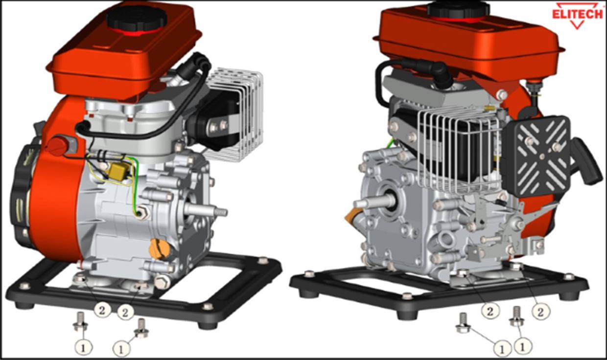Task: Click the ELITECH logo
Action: point(577,15)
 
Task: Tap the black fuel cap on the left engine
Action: point(136,18)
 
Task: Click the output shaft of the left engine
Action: point(206,211)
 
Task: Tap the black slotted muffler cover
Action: point(538,157)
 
